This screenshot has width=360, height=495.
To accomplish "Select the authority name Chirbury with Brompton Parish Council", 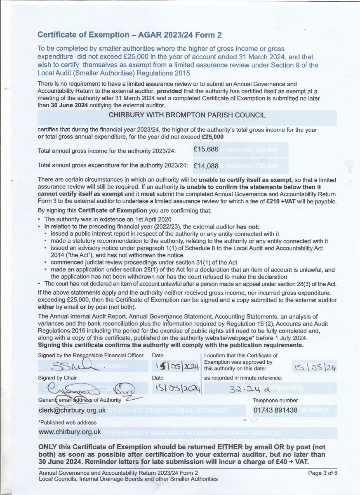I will (187, 115).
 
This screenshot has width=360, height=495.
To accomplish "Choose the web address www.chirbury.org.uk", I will (70, 431).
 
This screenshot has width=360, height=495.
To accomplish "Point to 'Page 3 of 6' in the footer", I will (323, 473).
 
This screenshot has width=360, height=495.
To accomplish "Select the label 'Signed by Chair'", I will (57, 377).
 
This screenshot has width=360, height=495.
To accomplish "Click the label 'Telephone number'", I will (275, 400).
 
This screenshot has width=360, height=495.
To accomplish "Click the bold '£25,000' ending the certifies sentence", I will (213, 137).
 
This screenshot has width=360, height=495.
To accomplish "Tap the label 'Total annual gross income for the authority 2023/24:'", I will (107, 151).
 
